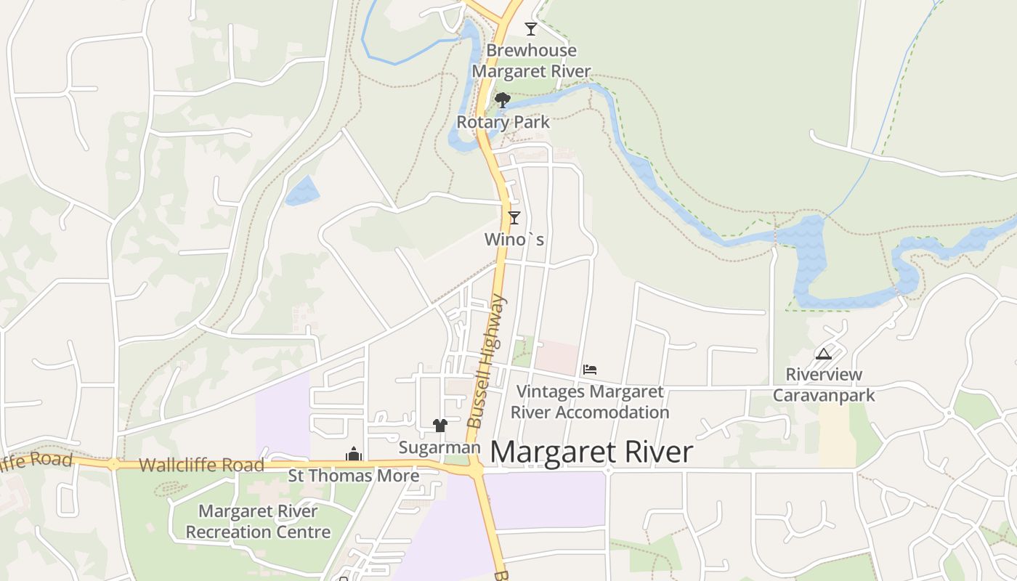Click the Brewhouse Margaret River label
(531, 61)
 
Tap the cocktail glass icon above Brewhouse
(531, 29)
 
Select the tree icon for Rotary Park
(502, 100)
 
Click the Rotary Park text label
(503, 122)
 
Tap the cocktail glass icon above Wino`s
(514, 217)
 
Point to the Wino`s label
(514, 239)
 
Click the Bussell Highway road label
(485, 361)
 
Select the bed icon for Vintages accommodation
(590, 370)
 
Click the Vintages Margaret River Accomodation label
(590, 402)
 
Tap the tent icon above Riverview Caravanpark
(823, 354)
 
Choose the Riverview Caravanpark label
(824, 385)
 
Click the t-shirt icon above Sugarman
(440, 425)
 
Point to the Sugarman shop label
(439, 447)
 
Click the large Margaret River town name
(591, 452)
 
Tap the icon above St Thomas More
(354, 455)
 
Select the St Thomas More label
(354, 476)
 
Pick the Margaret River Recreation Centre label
(258, 521)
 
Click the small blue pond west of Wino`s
(302, 191)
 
